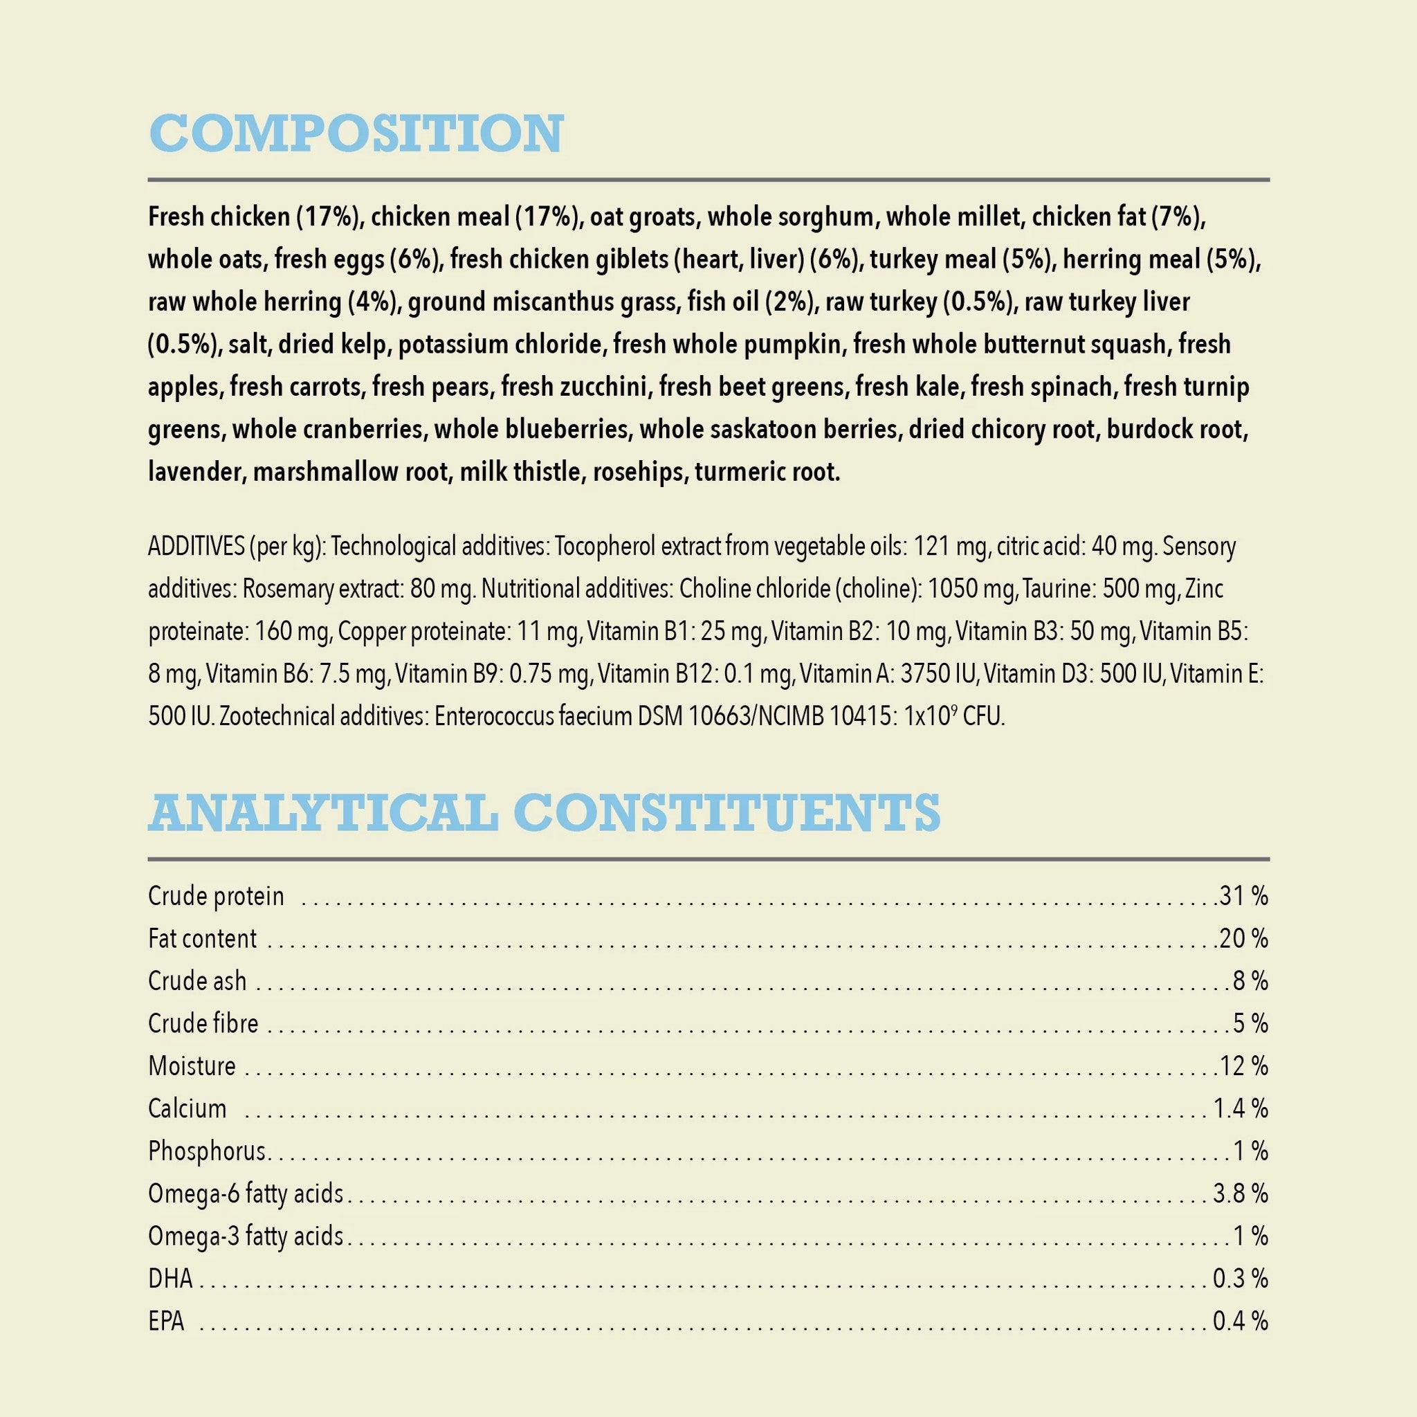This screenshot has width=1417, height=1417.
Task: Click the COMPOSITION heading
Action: tap(356, 134)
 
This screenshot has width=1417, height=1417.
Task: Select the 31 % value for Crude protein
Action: tap(1244, 896)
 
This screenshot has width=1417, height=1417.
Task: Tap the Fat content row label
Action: tap(203, 939)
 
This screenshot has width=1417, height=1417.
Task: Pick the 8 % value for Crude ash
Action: tap(1250, 981)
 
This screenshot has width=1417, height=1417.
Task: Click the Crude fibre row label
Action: tap(203, 1024)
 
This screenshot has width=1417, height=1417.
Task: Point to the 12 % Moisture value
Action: tap(1244, 1066)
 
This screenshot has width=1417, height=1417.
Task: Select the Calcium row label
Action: tap(187, 1108)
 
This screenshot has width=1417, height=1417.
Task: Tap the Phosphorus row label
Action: tap(207, 1151)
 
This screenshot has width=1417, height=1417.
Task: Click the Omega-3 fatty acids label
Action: tap(246, 1236)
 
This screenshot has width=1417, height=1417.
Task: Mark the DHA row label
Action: tap(170, 1279)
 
